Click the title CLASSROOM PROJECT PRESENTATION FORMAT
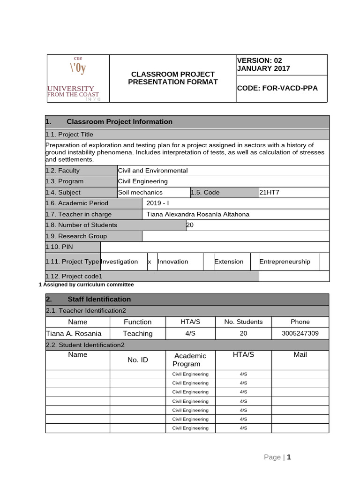[x=173, y=78]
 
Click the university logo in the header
[x=77, y=78]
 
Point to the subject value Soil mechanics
[x=141, y=192]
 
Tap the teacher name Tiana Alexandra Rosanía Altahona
[x=198, y=214]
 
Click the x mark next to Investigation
[x=150, y=262]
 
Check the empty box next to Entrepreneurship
[x=324, y=262]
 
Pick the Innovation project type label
[x=173, y=262]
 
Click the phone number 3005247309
[x=300, y=333]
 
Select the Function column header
[x=138, y=322]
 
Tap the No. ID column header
[x=138, y=360]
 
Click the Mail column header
[x=300, y=355]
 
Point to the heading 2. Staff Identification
[x=99, y=299]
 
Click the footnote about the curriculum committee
[x=86, y=285]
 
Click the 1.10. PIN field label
[x=59, y=247]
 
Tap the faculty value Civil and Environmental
[x=153, y=171]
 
